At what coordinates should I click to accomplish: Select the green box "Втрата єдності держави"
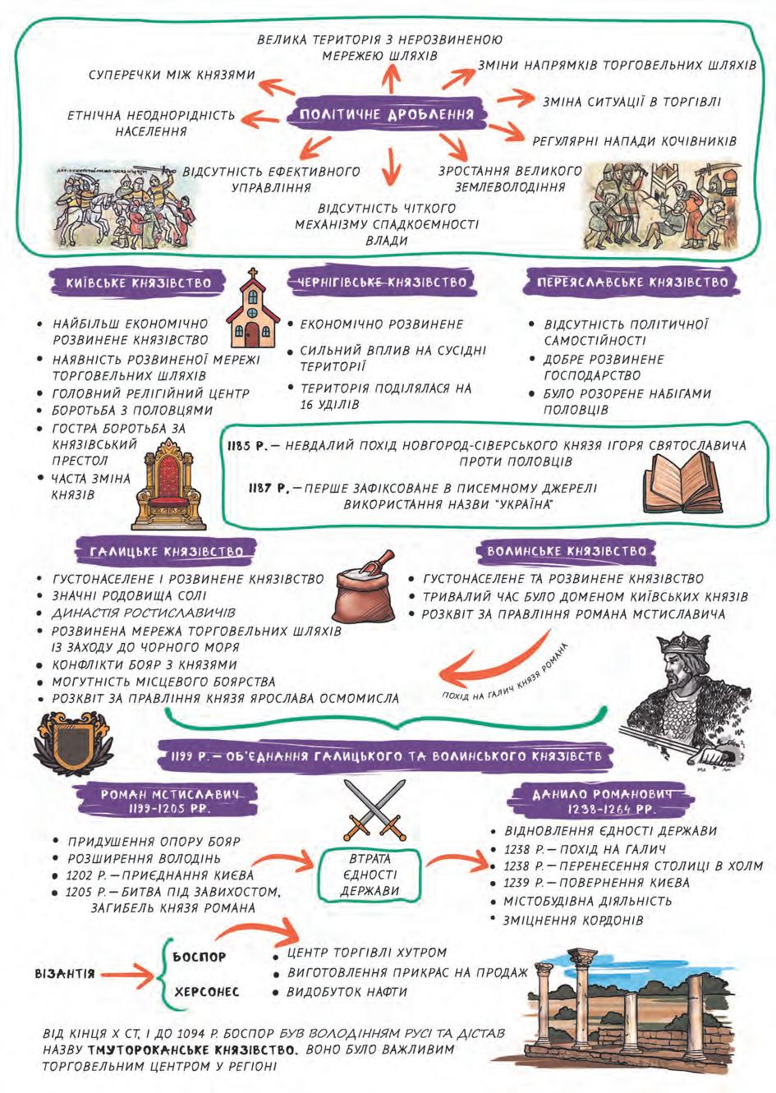(370, 875)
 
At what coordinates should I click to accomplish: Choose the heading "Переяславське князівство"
(632, 282)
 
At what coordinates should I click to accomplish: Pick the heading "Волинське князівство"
(567, 551)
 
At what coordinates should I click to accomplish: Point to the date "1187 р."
(269, 489)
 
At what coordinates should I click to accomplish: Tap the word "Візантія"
(65, 974)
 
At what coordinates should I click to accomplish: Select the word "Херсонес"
(206, 992)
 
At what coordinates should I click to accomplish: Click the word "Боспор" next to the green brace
(200, 957)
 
